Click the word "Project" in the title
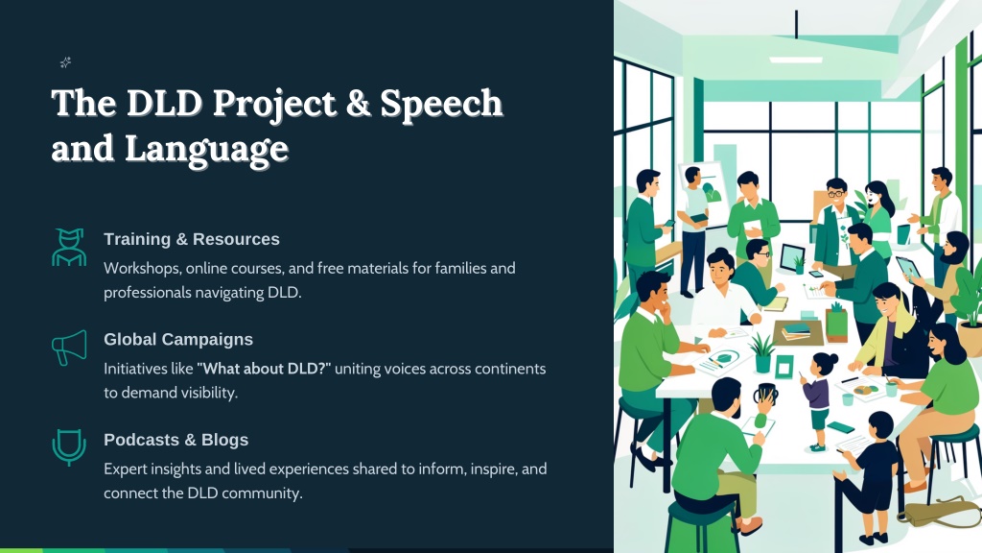[x=274, y=105]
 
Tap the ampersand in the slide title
[x=359, y=103]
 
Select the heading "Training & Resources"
[x=192, y=239]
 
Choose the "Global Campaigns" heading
[x=178, y=339]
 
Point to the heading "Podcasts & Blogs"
[x=176, y=440]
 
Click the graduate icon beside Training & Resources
[x=69, y=247]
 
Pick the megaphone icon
[x=69, y=348]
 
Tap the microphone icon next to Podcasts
[x=69, y=447]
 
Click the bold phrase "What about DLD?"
[x=264, y=369]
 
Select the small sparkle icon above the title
[x=65, y=62]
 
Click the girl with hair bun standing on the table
[x=817, y=399]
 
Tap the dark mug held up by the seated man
[x=765, y=395]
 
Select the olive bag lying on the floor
[x=938, y=512]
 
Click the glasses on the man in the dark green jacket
[x=835, y=194]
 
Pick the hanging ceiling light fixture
[x=796, y=60]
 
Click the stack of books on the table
[x=796, y=331]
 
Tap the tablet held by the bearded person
[x=907, y=268]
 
